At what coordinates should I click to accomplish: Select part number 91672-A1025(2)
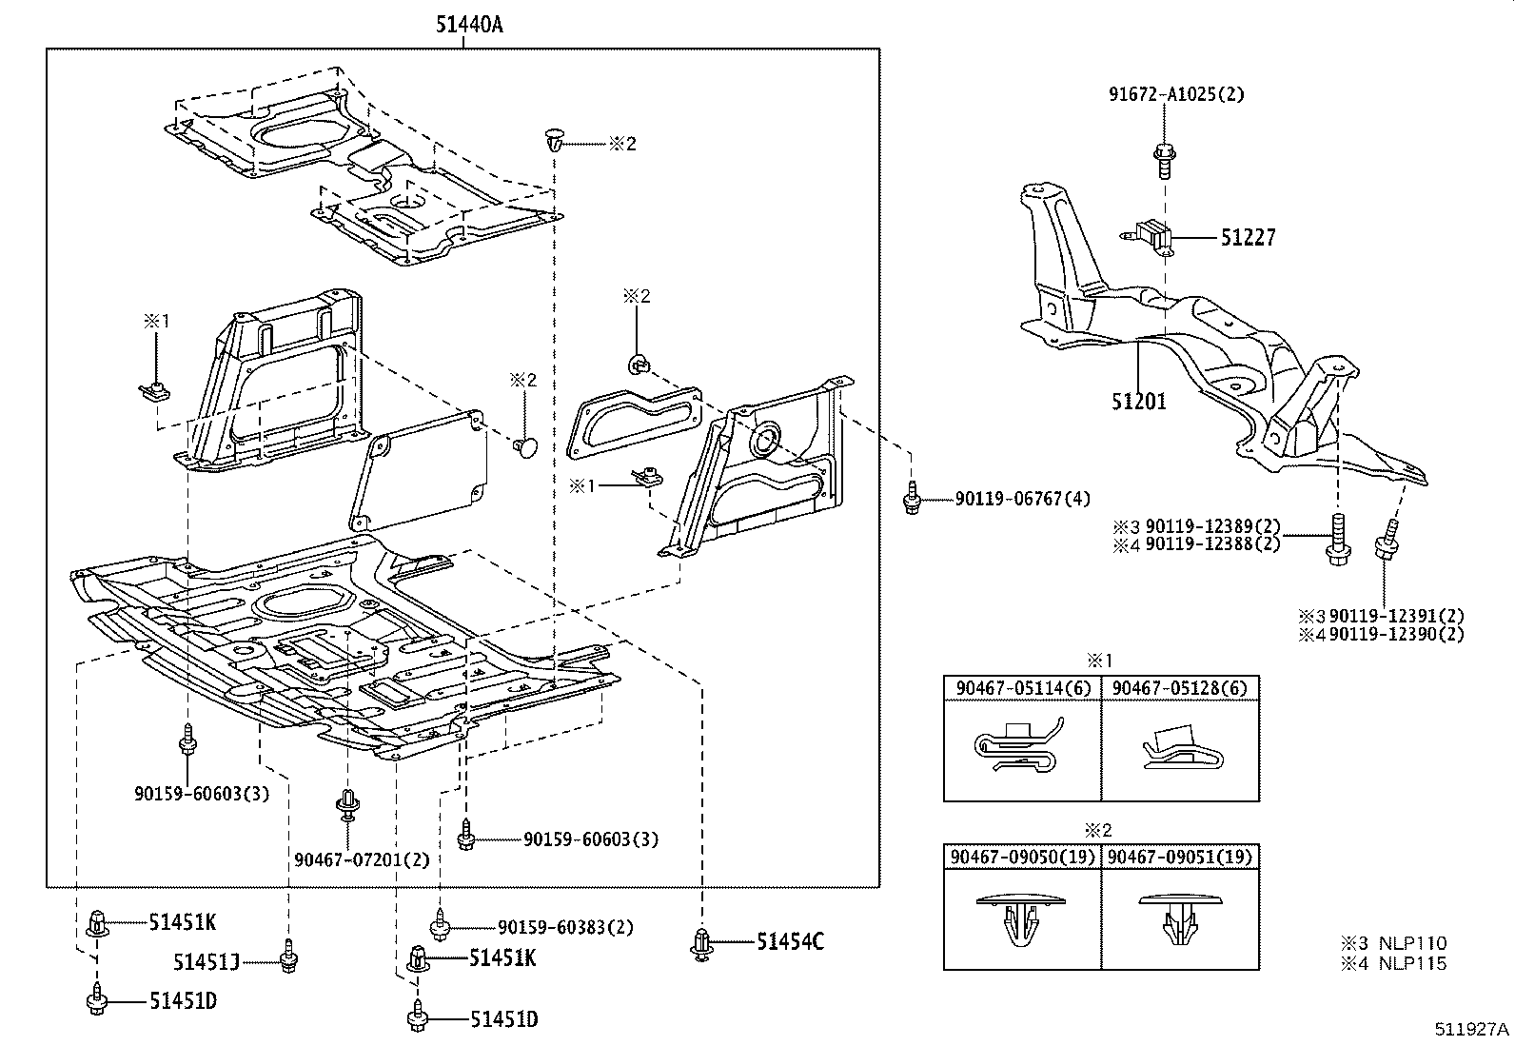click(1175, 94)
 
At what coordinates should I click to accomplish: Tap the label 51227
click(1248, 237)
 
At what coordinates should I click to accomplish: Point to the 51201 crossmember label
click(1138, 401)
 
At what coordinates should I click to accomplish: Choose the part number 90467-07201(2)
click(362, 859)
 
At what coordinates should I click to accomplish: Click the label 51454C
click(790, 942)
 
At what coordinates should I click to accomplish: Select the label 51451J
click(206, 962)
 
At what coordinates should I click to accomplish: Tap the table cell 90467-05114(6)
click(1021, 687)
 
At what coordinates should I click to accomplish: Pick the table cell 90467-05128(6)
click(1179, 687)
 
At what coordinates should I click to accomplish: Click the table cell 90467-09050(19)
click(1021, 857)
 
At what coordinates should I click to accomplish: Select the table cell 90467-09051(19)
click(1180, 857)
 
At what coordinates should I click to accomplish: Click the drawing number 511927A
click(1472, 1030)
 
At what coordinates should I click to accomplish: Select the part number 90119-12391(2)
click(1396, 617)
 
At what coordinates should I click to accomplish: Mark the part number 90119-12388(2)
click(1212, 543)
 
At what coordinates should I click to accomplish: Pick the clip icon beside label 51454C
click(701, 942)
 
